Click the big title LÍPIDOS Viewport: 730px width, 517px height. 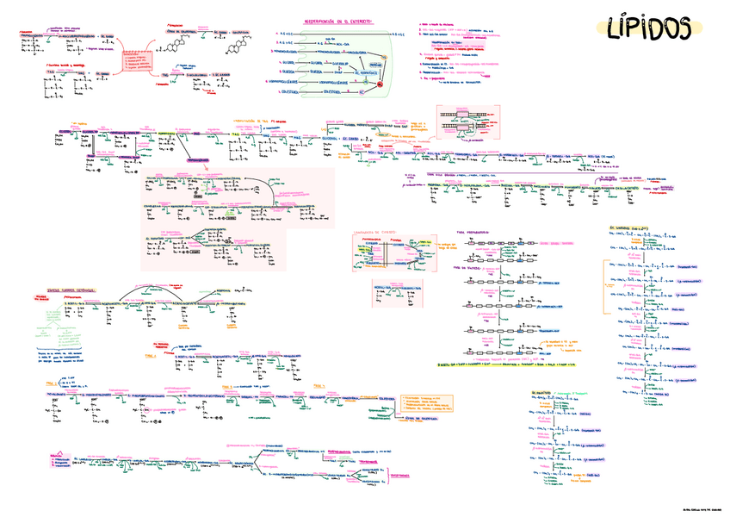646,28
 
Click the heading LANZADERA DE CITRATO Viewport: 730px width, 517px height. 376,233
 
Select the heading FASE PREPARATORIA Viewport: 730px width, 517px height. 473,233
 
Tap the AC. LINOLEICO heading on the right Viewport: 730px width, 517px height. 628,228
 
